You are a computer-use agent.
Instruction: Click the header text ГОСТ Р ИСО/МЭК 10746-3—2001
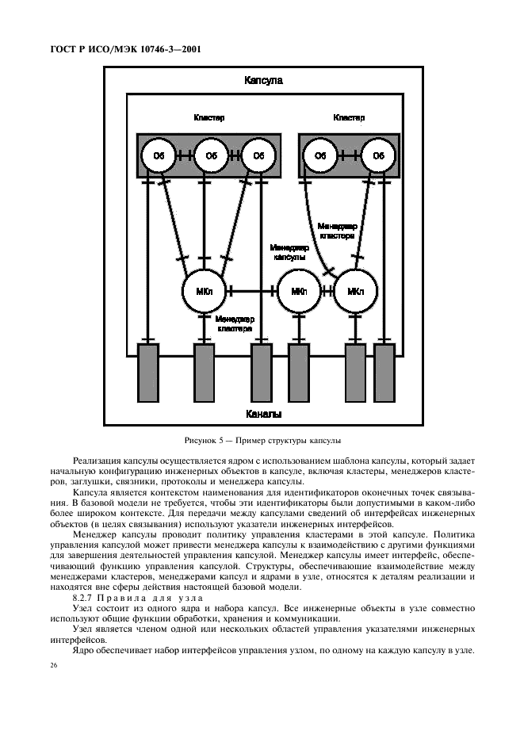120,49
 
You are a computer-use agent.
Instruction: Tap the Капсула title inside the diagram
264,81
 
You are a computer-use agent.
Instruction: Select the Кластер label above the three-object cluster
209,118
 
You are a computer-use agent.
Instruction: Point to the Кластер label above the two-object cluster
349,118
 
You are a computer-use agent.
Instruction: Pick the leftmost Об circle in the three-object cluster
159,156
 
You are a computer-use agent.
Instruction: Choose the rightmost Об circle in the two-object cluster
377,156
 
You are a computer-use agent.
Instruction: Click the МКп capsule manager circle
299,292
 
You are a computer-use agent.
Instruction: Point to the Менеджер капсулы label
290,252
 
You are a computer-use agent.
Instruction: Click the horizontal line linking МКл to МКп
251,292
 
